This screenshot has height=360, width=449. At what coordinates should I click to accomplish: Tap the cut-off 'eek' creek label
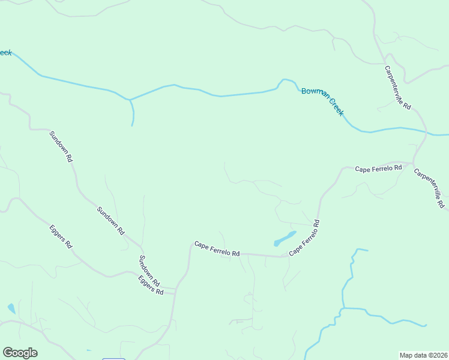[x=5, y=53]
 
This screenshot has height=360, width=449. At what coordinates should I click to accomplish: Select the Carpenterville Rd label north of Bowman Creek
[x=398, y=88]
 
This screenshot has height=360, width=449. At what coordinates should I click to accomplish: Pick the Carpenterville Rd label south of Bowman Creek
[x=429, y=188]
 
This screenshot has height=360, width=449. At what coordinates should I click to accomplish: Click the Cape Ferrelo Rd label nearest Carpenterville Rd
[x=378, y=169]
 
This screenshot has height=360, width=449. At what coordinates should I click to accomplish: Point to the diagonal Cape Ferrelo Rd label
[x=304, y=238]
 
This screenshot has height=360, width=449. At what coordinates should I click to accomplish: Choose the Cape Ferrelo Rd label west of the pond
[x=217, y=249]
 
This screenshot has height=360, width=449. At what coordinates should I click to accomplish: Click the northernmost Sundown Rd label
[x=61, y=146]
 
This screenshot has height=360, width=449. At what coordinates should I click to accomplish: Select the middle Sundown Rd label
[x=110, y=220]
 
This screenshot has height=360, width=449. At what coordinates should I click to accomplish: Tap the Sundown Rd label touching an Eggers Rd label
[x=149, y=271]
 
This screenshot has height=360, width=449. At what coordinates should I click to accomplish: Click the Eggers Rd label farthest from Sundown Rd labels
[x=61, y=236]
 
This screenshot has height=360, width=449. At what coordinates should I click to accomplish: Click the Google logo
[x=20, y=353]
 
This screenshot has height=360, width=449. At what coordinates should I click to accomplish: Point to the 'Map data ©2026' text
[x=424, y=355]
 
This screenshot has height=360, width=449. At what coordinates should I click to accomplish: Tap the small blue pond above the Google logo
[x=11, y=308]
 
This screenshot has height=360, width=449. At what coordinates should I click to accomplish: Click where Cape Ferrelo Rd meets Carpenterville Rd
[x=412, y=163]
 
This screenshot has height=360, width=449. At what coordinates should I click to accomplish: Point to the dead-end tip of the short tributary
[x=132, y=125]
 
